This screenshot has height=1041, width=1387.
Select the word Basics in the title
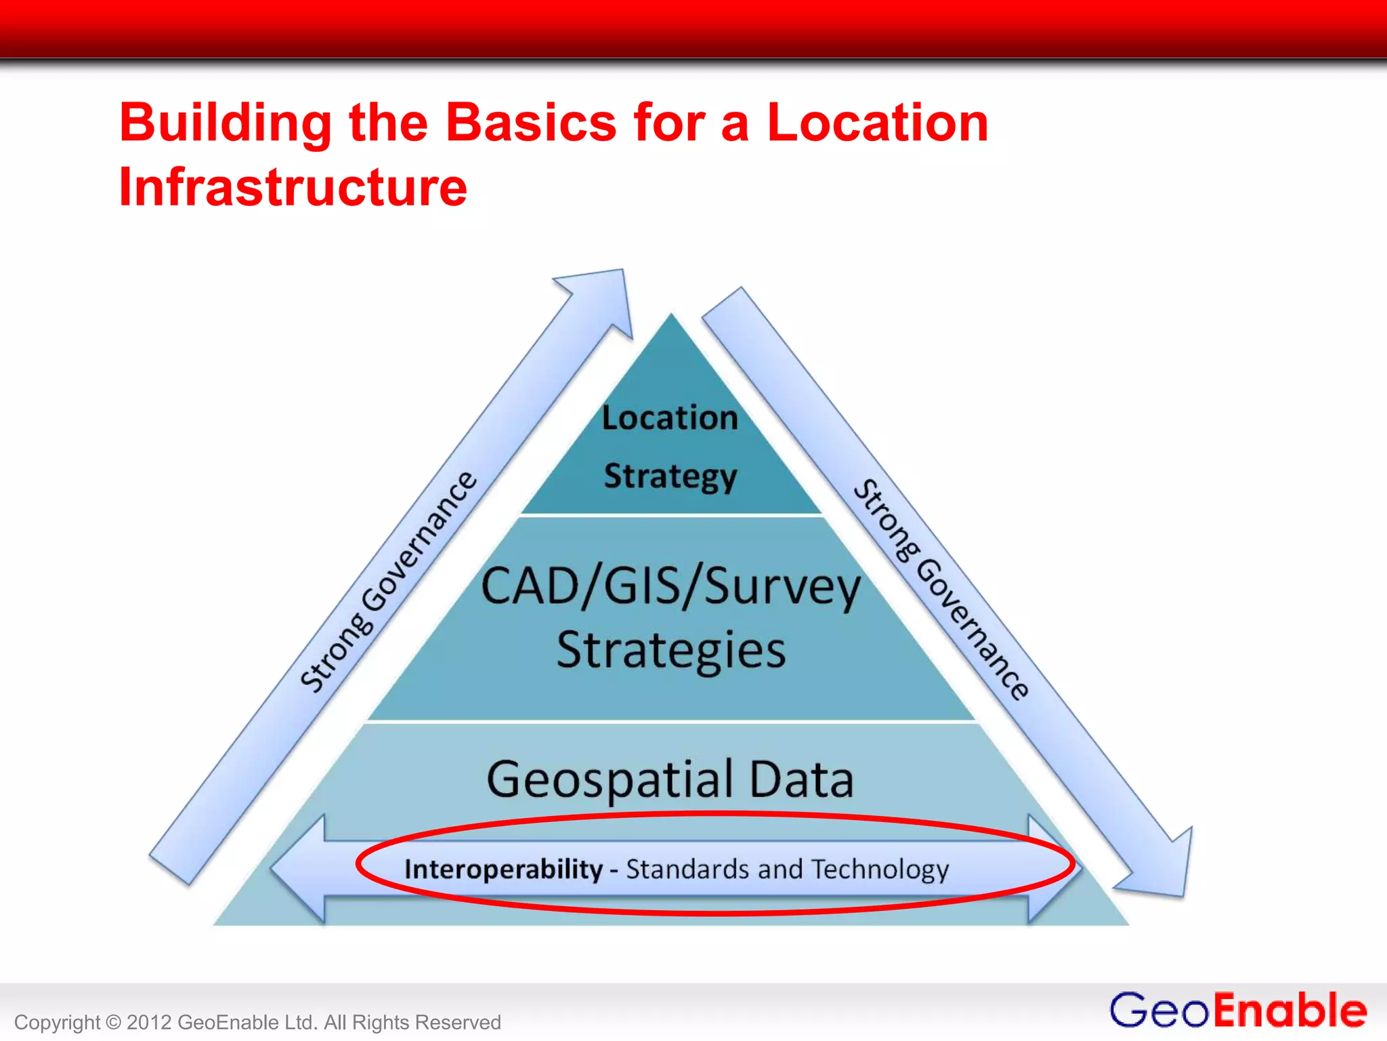[x=530, y=123]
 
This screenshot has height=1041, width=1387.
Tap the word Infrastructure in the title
[x=293, y=187]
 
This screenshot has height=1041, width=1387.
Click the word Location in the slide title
[x=877, y=123]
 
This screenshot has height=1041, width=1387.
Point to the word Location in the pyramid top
[x=670, y=417]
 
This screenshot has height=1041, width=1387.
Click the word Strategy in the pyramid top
[x=670, y=476]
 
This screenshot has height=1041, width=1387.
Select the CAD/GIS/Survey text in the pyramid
[x=670, y=587]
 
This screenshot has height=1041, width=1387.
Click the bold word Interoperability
[x=503, y=869]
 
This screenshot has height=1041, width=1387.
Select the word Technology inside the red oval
[x=880, y=870]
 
